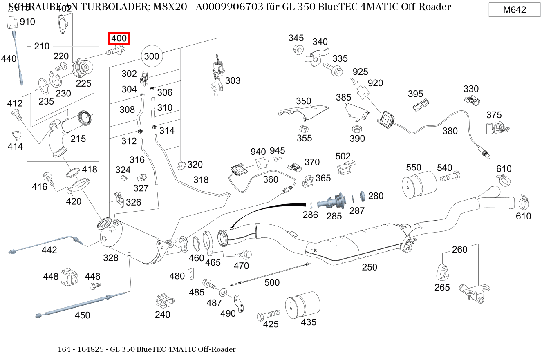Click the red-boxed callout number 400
[119, 38]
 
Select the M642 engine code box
[514, 10]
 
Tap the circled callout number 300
[152, 56]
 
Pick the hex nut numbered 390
[356, 129]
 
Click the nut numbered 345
[298, 50]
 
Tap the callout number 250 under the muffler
[369, 267]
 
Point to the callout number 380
[450, 131]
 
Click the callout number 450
[82, 315]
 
